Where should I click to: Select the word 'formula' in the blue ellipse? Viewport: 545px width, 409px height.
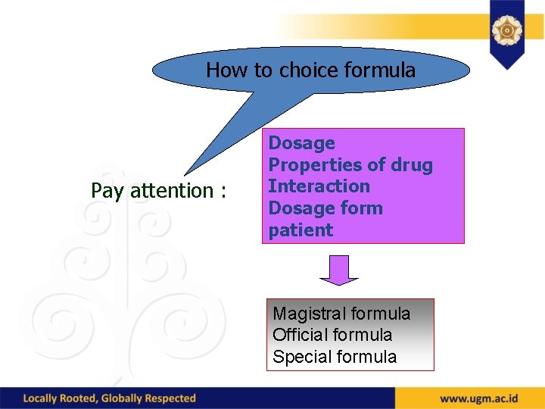379,70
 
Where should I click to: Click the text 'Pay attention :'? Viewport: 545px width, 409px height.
158,191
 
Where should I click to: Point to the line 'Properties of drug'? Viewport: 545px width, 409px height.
350,165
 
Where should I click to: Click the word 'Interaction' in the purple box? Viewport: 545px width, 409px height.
319,186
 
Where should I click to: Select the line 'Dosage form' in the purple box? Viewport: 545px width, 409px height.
325,208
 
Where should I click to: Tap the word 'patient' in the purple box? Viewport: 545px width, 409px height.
301,230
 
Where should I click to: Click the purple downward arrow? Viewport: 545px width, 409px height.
339,270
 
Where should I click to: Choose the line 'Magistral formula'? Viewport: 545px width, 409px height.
341,314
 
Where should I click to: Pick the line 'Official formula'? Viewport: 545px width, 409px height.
332,335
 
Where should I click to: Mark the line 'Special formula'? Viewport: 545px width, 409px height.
335,357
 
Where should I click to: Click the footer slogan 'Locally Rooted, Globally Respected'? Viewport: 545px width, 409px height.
110,398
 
